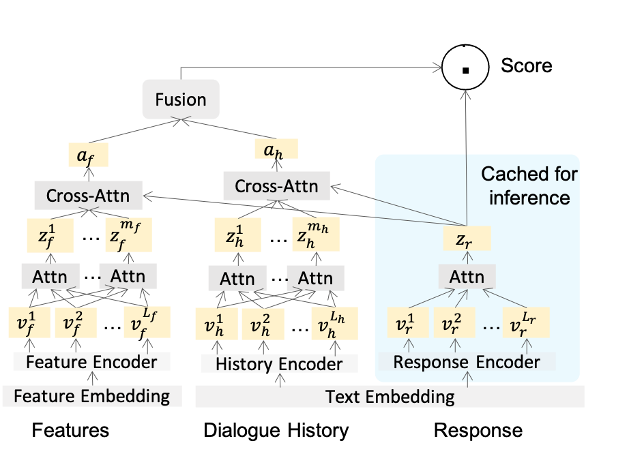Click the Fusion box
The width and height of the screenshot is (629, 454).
(x=181, y=100)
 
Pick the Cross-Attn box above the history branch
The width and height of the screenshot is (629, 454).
(x=276, y=185)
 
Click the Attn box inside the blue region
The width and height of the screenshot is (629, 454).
(x=467, y=277)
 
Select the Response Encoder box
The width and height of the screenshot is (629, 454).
(x=467, y=361)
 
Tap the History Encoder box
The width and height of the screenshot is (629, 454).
(x=279, y=364)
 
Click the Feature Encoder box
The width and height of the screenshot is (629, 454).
(x=91, y=361)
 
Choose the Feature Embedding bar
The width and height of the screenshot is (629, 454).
(x=91, y=395)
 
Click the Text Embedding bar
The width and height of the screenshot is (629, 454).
(x=390, y=396)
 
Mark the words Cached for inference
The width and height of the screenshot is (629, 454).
(x=529, y=185)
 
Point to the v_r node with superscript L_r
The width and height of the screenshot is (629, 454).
(x=526, y=322)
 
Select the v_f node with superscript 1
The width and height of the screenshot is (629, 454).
(x=29, y=322)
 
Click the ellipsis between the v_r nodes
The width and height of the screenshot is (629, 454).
(x=490, y=327)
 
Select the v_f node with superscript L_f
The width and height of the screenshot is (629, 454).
(x=146, y=322)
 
